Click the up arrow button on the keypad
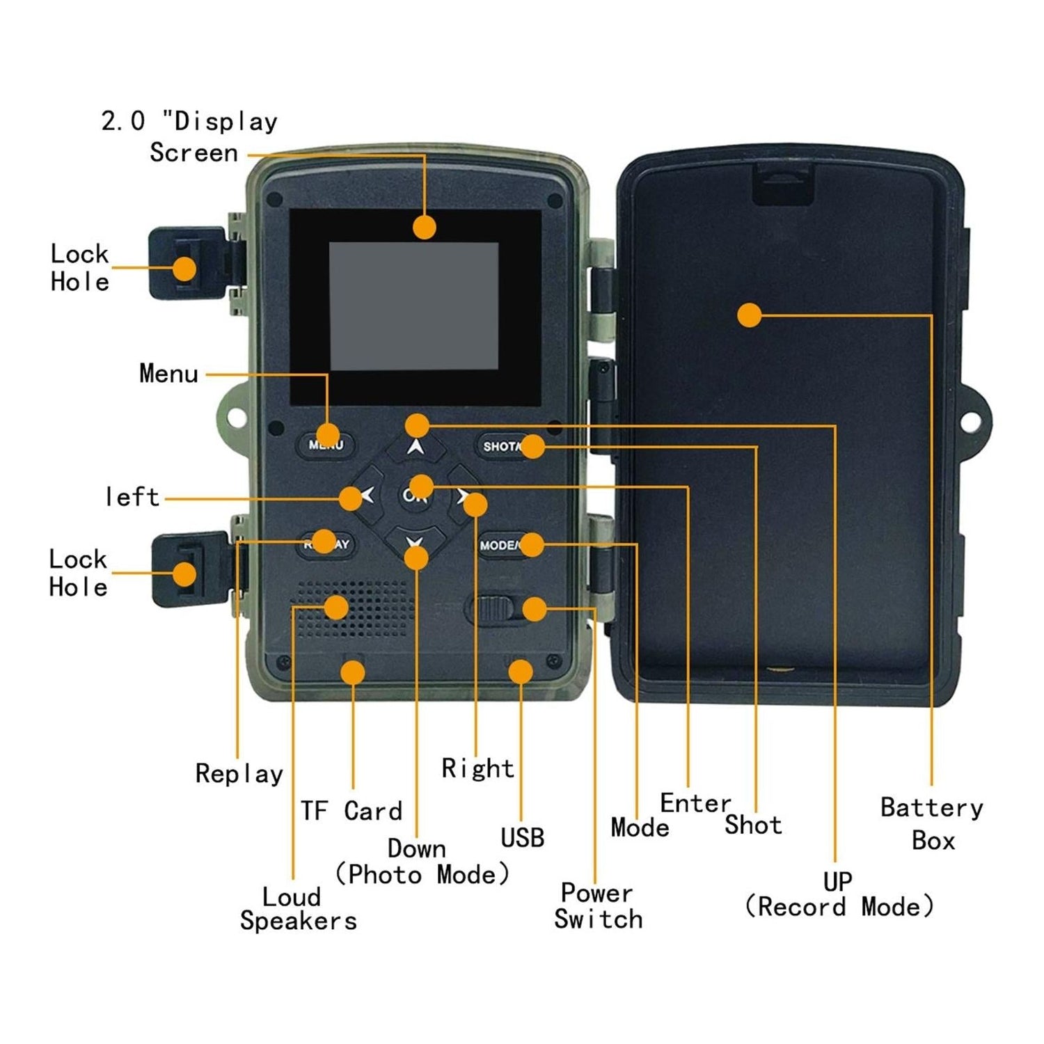pyautogui.click(x=416, y=447)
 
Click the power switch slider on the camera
pyautogui.click(x=493, y=610)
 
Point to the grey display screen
pyautogui.click(x=413, y=306)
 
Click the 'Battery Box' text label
pyautogui.click(x=932, y=824)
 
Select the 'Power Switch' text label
pyautogui.click(x=598, y=905)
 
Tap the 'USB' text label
pyautogui.click(x=522, y=838)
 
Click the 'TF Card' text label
pyautogui.click(x=351, y=811)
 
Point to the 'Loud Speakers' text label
pyautogui.click(x=298, y=908)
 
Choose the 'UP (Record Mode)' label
pyautogui.click(x=839, y=894)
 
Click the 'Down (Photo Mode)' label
pyautogui.click(x=422, y=862)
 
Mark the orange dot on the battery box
pyautogui.click(x=749, y=315)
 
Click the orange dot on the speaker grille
pyautogui.click(x=336, y=607)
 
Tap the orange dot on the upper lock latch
pyautogui.click(x=184, y=268)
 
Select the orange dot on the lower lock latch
pyautogui.click(x=184, y=574)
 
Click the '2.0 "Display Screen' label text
pyautogui.click(x=190, y=137)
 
